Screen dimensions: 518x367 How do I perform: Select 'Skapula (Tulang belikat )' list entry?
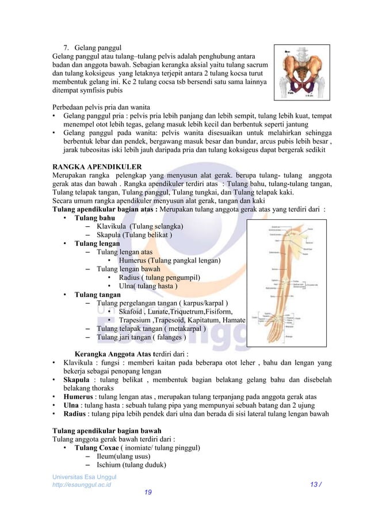point(133,235)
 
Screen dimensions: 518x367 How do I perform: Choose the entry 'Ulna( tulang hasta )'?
point(148,287)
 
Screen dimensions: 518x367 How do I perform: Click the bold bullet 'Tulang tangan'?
point(98,295)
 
